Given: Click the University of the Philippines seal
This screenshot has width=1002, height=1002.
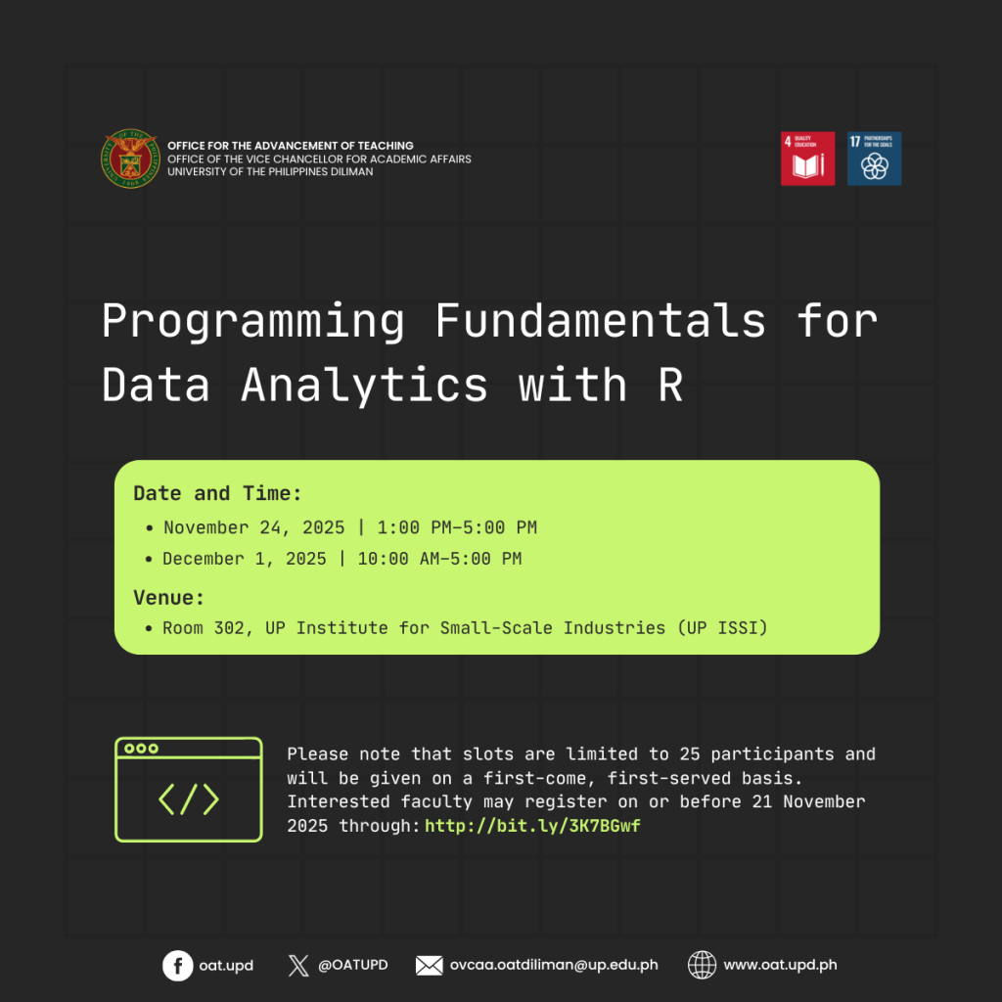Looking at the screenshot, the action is pyautogui.click(x=130, y=159).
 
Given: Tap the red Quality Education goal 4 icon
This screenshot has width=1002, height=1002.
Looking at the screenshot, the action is pyautogui.click(x=807, y=159).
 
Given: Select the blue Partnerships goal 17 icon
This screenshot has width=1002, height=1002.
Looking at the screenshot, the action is pyautogui.click(x=874, y=159).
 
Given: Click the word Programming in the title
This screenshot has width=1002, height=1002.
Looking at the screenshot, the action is pyautogui.click(x=253, y=322).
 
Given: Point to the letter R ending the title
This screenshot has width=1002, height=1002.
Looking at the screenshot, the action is pyautogui.click(x=670, y=385).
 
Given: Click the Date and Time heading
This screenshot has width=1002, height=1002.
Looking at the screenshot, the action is pyautogui.click(x=217, y=493).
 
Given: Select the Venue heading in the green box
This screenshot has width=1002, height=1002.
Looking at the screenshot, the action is pyautogui.click(x=168, y=598).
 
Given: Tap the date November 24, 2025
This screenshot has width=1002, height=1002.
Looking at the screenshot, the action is pyautogui.click(x=253, y=527).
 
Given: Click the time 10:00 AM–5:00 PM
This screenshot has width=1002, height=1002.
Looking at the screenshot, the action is pyautogui.click(x=439, y=559).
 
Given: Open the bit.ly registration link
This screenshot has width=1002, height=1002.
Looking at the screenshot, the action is pyautogui.click(x=532, y=826).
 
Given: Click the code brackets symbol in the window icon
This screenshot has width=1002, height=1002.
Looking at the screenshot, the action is pyautogui.click(x=189, y=799).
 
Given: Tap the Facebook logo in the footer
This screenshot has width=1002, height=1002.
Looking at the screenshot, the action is pyautogui.click(x=178, y=965).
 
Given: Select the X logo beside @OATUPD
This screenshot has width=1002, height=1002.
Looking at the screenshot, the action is pyautogui.click(x=298, y=965).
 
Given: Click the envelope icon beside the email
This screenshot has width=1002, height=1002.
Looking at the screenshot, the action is pyautogui.click(x=429, y=965).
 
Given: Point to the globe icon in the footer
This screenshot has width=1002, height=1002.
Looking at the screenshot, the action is pyautogui.click(x=702, y=965).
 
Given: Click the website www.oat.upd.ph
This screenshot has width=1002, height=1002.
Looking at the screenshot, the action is pyautogui.click(x=780, y=965).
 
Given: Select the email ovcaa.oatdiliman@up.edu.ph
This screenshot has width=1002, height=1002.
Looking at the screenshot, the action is pyautogui.click(x=554, y=965).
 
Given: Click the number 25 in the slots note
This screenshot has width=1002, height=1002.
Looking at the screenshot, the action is pyautogui.click(x=690, y=754).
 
